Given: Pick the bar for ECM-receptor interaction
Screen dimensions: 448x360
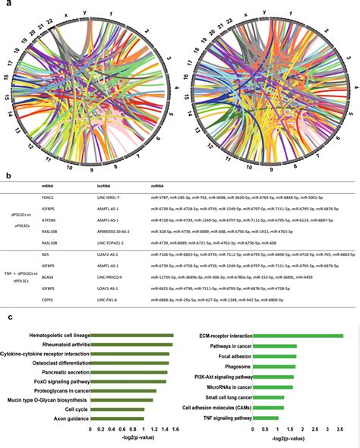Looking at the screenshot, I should (296, 336).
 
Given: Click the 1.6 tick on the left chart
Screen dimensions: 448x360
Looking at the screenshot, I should (172, 429).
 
